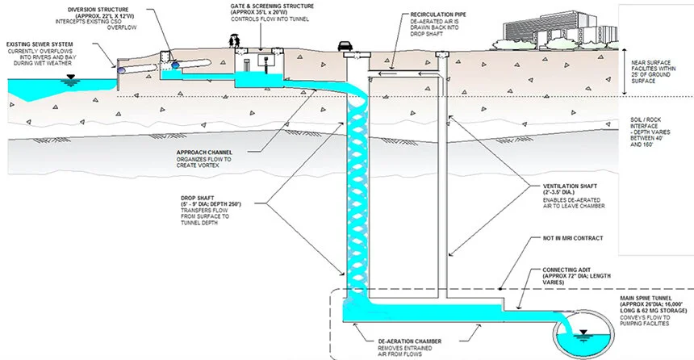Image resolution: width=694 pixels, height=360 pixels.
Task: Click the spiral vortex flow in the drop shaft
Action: (x=357, y=186)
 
